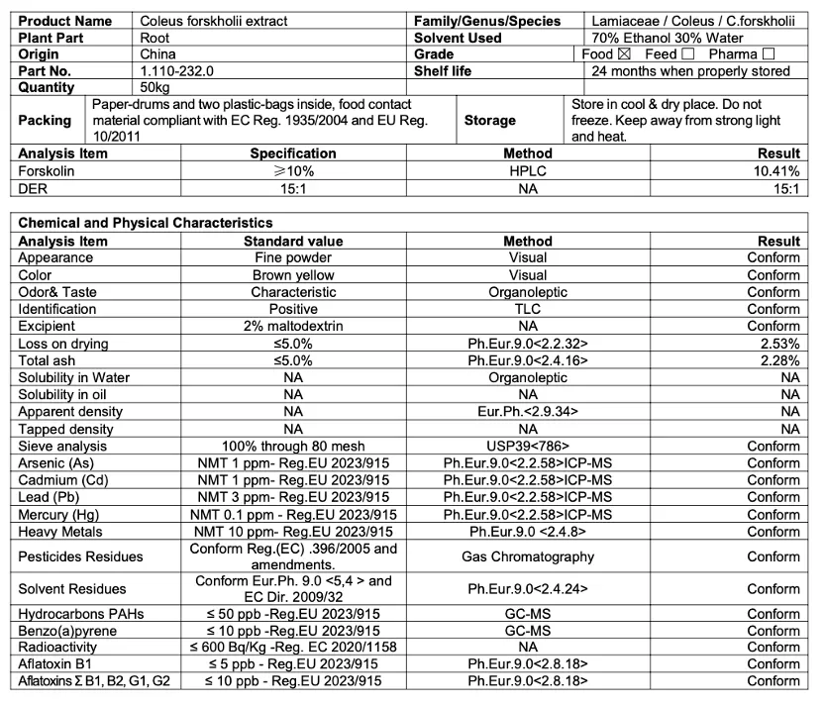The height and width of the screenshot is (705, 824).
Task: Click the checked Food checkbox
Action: click(x=624, y=54)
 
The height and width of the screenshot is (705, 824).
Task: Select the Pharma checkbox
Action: click(x=769, y=54)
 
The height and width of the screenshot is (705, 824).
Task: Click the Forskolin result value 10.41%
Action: click(x=777, y=170)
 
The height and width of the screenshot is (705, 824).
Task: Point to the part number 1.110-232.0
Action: click(x=176, y=71)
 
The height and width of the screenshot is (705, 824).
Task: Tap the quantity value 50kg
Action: click(x=156, y=88)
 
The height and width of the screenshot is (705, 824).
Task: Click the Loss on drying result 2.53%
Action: click(x=780, y=344)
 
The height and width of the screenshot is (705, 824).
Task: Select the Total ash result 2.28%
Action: click(x=780, y=360)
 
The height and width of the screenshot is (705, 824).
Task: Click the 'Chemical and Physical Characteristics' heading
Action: click(x=146, y=224)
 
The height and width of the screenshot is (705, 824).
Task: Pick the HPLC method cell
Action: click(x=528, y=170)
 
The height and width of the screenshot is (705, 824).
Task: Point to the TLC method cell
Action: click(x=528, y=309)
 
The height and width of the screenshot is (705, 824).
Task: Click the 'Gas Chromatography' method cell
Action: click(x=528, y=556)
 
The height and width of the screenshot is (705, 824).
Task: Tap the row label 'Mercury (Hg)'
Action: click(x=57, y=515)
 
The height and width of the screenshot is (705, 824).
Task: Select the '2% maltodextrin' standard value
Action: click(x=293, y=326)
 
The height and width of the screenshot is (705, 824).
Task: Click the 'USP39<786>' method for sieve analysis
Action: click(x=528, y=447)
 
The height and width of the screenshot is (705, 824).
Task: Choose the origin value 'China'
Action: click(x=158, y=54)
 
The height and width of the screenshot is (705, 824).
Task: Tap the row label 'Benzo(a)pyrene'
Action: click(x=67, y=631)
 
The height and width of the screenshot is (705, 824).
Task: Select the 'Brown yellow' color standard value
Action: click(x=293, y=275)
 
